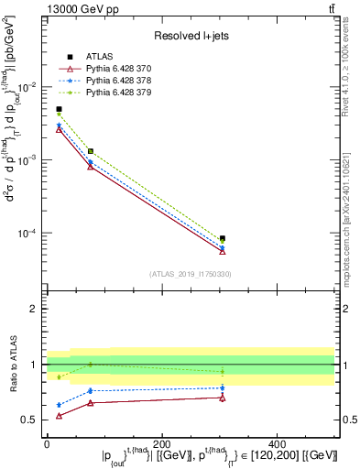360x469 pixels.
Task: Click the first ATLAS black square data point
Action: (59, 109)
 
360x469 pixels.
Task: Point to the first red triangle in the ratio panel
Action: (59, 416)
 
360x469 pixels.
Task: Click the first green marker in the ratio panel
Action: (59, 376)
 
